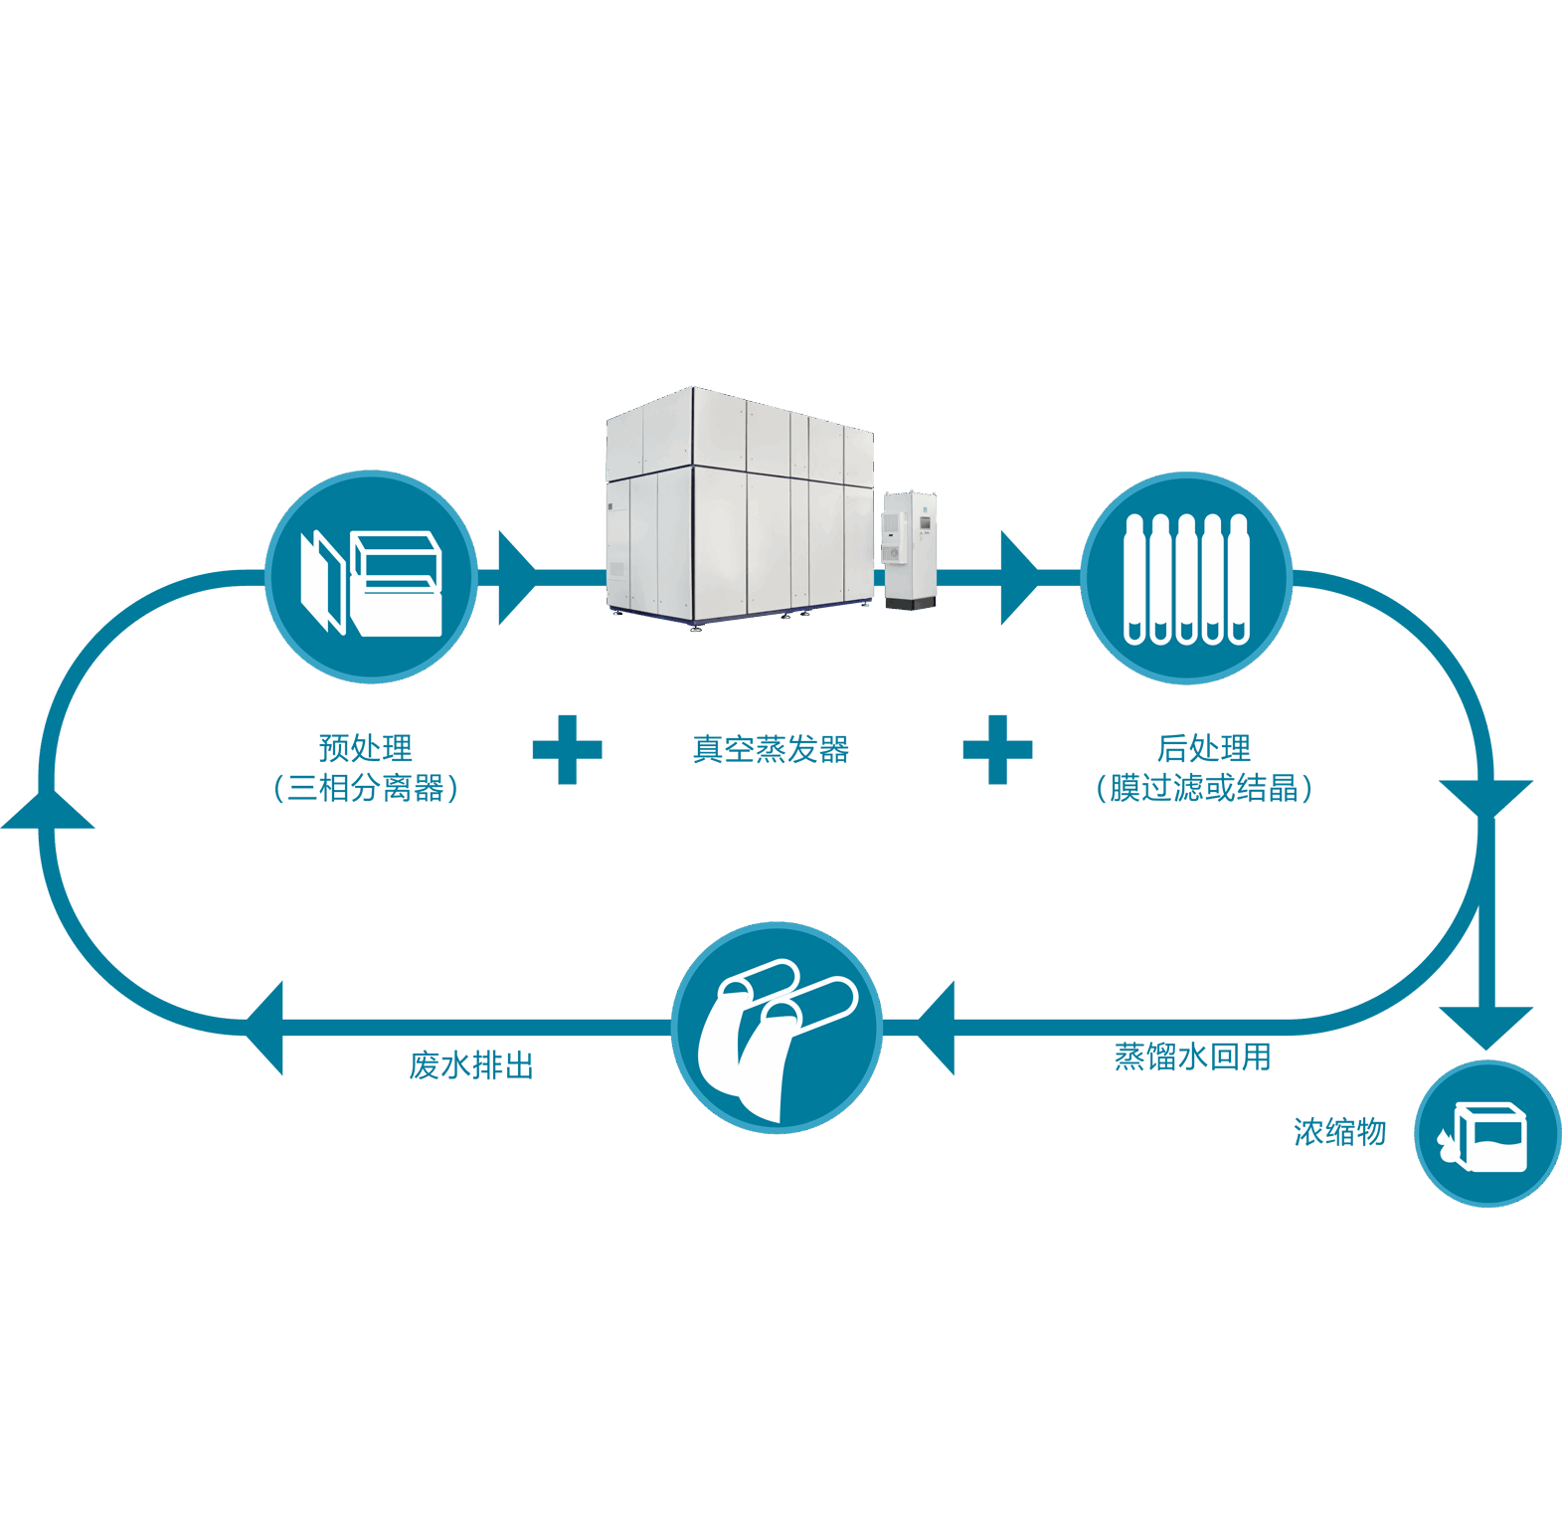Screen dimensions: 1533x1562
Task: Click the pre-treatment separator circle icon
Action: (371, 577)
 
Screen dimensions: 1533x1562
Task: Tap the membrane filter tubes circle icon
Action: (1186, 578)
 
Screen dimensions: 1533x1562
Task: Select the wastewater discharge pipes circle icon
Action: (777, 1028)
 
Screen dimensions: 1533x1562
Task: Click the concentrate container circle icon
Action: (1487, 1134)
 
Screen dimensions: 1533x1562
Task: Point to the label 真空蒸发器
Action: (771, 749)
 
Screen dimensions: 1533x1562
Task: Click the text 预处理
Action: (365, 747)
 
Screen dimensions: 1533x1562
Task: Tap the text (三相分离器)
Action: (365, 788)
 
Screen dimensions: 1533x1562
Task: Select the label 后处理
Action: (1203, 747)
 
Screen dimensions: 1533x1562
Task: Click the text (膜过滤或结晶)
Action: (1203, 788)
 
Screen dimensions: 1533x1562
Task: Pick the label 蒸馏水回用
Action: (1192, 1056)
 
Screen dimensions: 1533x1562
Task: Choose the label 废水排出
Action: (471, 1065)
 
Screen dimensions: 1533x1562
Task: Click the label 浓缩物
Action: (1339, 1132)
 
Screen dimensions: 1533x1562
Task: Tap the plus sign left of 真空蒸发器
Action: (568, 749)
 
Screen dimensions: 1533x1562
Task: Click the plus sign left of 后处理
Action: (997, 749)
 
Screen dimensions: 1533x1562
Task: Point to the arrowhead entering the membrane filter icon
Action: (1017, 578)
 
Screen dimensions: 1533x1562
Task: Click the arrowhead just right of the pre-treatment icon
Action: (514, 578)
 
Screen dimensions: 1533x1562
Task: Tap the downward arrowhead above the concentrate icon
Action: (1485, 1025)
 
